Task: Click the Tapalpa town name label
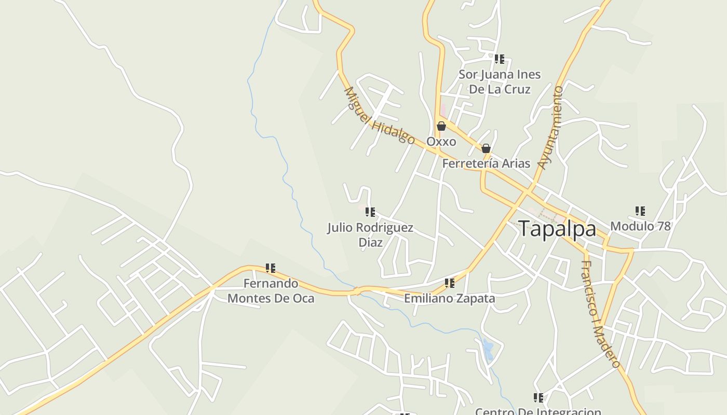pos(557,229)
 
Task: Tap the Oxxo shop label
pos(441,142)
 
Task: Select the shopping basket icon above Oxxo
pos(441,126)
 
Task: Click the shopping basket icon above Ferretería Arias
pos(486,148)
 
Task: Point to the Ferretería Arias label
pos(486,163)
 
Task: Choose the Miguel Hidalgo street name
pos(380,116)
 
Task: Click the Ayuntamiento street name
pos(551,128)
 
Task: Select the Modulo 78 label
pos(640,226)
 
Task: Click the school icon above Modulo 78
pos(640,211)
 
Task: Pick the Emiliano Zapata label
pos(449,298)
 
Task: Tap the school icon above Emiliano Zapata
pos(450,283)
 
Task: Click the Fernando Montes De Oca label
pos(271,291)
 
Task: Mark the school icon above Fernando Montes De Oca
pos(271,268)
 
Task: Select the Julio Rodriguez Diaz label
pos(370,235)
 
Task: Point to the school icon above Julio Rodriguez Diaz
pos(370,212)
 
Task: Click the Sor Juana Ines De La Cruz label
pos(500,82)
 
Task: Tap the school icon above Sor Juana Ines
pos(500,59)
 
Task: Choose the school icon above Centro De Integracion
pos(538,398)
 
